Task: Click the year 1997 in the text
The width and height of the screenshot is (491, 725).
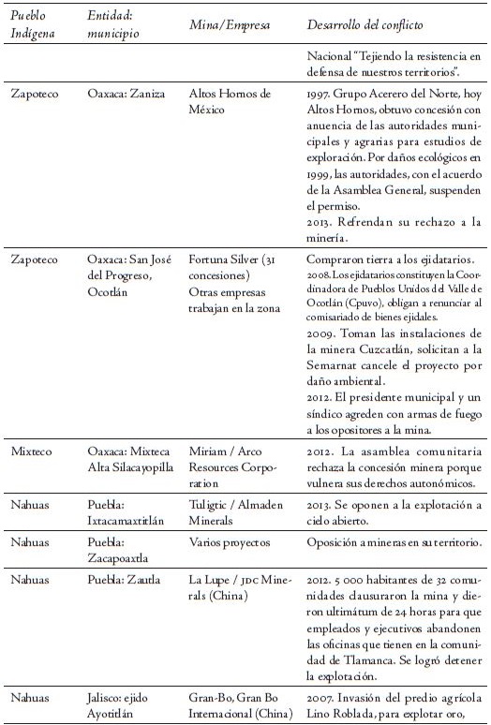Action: click(320, 95)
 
